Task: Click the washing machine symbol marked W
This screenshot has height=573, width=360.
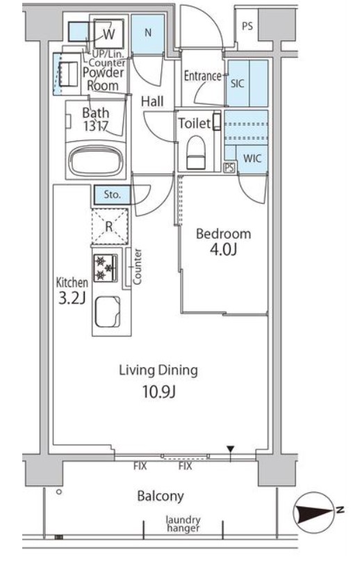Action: tap(109, 33)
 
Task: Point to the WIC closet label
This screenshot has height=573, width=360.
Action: tap(253, 158)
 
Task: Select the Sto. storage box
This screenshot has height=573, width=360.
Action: tap(112, 195)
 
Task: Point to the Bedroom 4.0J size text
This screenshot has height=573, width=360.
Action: tap(223, 250)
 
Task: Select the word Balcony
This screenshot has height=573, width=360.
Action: tap(161, 497)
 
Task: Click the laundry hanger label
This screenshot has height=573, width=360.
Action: tap(183, 524)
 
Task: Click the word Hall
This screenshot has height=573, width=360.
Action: tap(152, 102)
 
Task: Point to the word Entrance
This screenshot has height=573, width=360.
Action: tap(202, 76)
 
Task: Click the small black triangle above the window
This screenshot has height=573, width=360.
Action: tap(230, 449)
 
